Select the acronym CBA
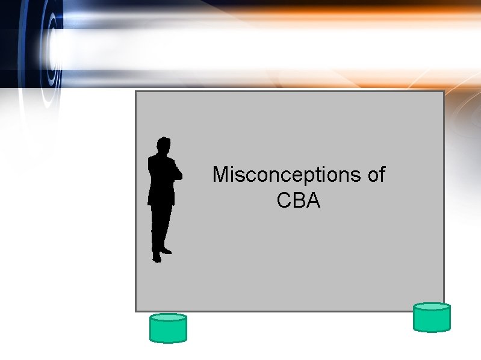pos(299,200)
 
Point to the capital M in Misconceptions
pos(221,175)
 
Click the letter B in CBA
pos(299,200)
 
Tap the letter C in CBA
pos(284,200)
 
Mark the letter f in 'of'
pos(382,175)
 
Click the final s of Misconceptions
pos(356,176)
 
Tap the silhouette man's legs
pos(161,229)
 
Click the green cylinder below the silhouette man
pos(168,328)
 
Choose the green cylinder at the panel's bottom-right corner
pos(432,317)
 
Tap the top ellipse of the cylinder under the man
pos(168,318)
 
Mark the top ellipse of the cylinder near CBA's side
pos(432,307)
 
